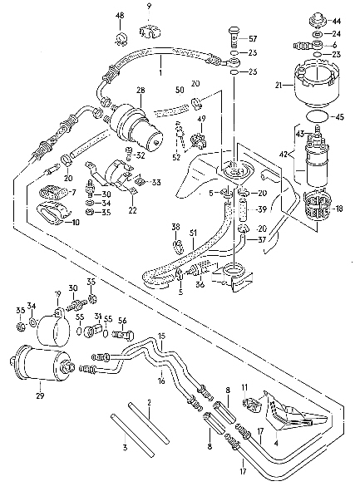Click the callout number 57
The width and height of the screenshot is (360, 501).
click(253, 39)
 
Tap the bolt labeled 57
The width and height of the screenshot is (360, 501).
click(234, 37)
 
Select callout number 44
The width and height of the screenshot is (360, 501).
click(337, 21)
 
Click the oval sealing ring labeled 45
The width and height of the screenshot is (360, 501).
click(317, 116)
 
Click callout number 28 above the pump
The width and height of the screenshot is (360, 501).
click(141, 91)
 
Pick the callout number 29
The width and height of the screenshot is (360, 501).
click(40, 395)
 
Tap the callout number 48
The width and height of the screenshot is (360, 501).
click(120, 15)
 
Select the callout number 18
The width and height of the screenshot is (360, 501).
click(339, 209)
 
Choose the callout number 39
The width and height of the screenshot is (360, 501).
click(262, 209)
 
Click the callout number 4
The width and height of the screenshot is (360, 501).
click(276, 443)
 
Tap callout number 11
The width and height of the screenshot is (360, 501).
click(244, 387)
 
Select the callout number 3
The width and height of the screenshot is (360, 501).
click(125, 447)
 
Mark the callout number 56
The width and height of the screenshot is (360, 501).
click(122, 321)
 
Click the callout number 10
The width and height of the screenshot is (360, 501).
click(75, 222)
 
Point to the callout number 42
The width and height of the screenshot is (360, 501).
click(284, 155)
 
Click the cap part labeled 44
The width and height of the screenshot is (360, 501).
click(318, 21)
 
